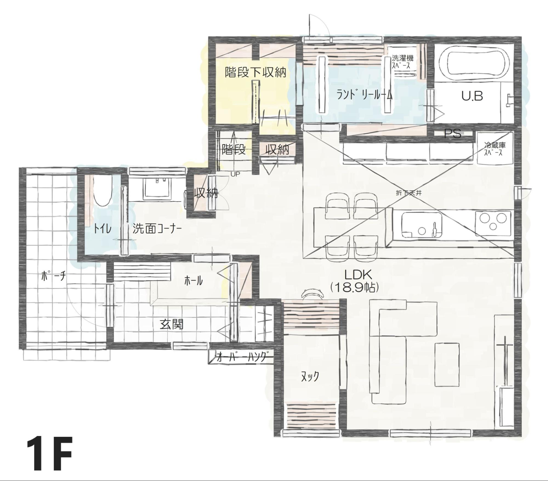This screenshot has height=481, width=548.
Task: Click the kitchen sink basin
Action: point(422,225)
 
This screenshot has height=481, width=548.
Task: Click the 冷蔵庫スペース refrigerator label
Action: point(495,149)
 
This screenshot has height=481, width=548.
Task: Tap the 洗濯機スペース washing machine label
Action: point(402,62)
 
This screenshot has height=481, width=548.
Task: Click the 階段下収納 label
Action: point(255,72)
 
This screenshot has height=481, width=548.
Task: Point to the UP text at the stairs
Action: point(235,174)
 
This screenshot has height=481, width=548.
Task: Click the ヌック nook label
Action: point(310,377)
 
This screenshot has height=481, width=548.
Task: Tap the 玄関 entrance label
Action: point(172,325)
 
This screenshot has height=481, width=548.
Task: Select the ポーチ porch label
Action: point(54,276)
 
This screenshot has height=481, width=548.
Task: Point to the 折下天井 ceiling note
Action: point(409,193)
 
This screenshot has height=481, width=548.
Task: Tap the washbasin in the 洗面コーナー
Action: point(157,188)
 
